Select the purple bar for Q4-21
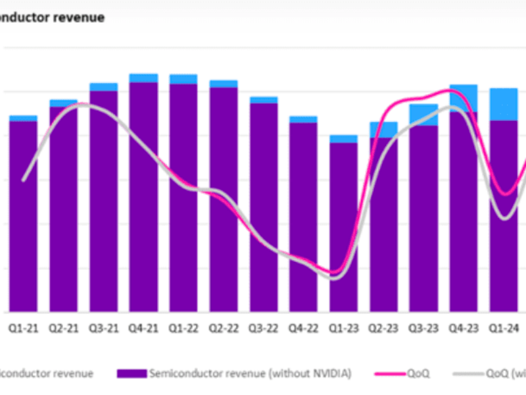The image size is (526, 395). point(143,197)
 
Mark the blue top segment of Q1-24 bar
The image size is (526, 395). point(504,104)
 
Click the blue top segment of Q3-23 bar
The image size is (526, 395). point(423,115)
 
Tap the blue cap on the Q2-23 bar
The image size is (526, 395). point(383,130)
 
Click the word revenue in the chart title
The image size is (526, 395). point(79,18)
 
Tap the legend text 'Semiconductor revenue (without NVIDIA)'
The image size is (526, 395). point(250,373)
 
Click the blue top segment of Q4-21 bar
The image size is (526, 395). point(143,78)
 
